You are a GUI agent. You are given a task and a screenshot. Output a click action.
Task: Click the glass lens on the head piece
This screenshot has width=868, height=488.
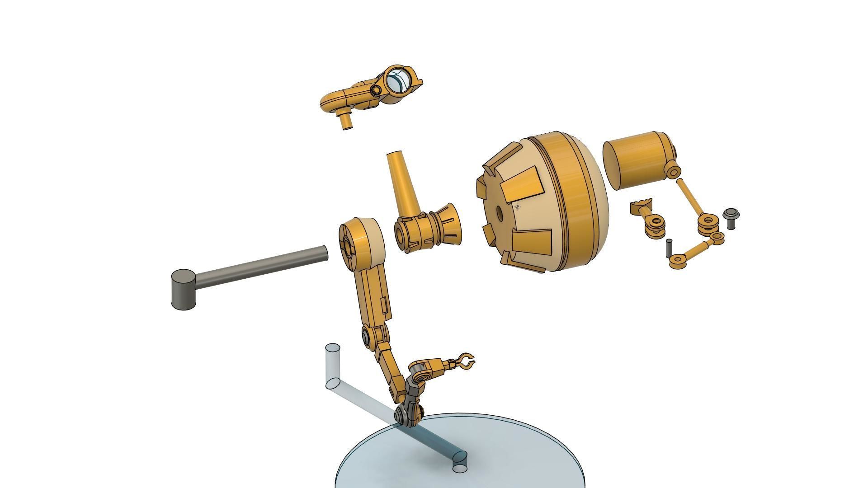pyautogui.click(x=399, y=80)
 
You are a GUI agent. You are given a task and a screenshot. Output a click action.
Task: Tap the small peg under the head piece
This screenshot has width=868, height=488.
pyautogui.click(x=346, y=122)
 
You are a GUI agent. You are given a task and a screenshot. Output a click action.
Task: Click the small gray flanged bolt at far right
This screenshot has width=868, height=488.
pyautogui.click(x=730, y=217)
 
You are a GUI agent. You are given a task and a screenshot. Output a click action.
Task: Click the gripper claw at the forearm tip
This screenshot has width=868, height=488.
pyautogui.click(x=465, y=362)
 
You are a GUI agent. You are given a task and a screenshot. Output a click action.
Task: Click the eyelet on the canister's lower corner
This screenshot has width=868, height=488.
pyautogui.click(x=673, y=172)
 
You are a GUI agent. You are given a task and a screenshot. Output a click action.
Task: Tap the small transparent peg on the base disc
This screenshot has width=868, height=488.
pyautogui.click(x=460, y=467)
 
